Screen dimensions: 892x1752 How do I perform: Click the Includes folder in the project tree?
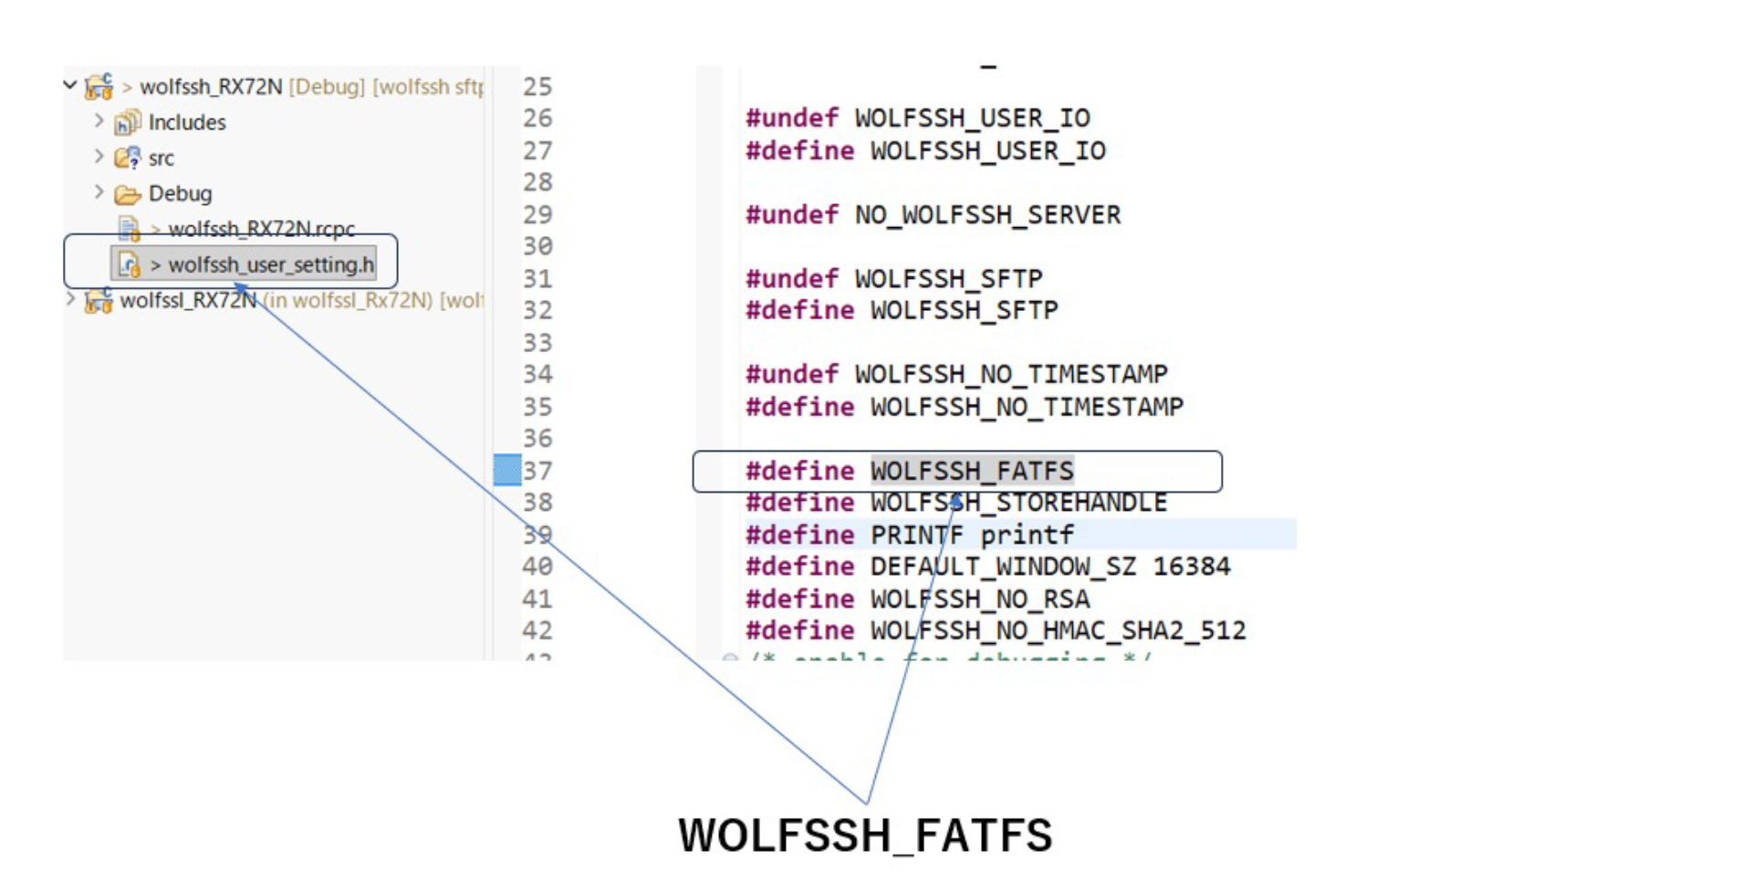[186, 122]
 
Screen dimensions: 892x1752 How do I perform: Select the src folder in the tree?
[161, 158]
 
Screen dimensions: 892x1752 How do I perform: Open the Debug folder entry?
[180, 193]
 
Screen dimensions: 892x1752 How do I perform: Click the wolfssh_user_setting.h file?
[270, 264]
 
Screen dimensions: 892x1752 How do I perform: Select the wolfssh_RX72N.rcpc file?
[261, 228]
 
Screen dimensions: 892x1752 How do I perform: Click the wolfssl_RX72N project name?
[187, 300]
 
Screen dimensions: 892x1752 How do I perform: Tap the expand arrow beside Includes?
[99, 120]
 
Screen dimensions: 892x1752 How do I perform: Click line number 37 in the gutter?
[537, 471]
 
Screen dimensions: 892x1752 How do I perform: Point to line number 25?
[537, 87]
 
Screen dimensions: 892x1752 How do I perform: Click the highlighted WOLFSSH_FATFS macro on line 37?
[972, 471]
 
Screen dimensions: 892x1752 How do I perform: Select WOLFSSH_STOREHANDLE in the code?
[1018, 503]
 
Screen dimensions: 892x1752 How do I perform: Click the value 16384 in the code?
[1192, 566]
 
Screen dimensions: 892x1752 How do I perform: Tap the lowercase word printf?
[1027, 534]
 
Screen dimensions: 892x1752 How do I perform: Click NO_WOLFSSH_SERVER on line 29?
[987, 214]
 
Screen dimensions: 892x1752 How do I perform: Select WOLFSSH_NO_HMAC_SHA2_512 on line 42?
[1058, 630]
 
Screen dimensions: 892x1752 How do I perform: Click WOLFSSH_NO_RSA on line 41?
[980, 598]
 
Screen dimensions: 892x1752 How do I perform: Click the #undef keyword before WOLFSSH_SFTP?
[791, 278]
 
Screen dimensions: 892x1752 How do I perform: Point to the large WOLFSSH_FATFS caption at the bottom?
[865, 835]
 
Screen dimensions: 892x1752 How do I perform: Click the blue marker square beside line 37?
[506, 470]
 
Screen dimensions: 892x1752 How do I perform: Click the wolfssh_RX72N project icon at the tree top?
[99, 87]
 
